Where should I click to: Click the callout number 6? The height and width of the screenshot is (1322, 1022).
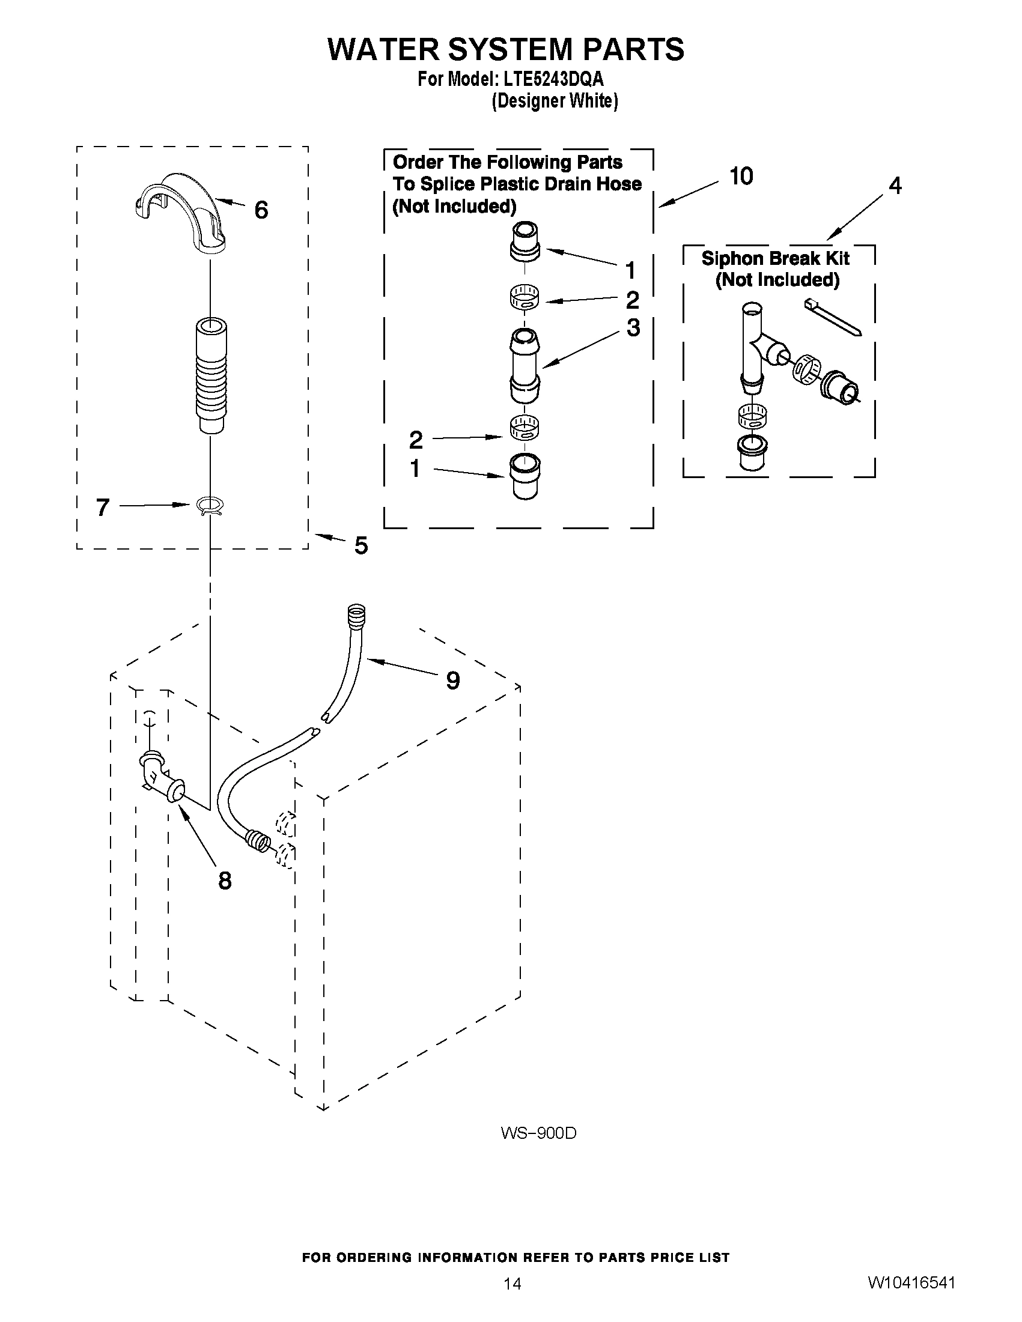click(x=261, y=211)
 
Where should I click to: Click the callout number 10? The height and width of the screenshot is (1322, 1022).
click(x=741, y=176)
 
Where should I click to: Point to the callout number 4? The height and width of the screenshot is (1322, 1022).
click(x=895, y=185)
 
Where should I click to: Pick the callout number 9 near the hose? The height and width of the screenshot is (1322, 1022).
click(x=452, y=681)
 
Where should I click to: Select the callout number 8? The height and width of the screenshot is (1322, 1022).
click(x=225, y=881)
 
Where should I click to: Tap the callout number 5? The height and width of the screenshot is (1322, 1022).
click(x=361, y=545)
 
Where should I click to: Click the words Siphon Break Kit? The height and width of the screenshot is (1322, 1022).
click(x=776, y=258)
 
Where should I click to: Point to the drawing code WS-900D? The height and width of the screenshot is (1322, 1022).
click(x=538, y=1133)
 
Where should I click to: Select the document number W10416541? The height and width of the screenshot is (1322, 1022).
click(x=911, y=1281)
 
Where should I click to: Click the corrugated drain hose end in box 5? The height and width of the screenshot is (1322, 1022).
click(x=211, y=375)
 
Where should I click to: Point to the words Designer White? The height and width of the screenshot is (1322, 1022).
click(x=555, y=100)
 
